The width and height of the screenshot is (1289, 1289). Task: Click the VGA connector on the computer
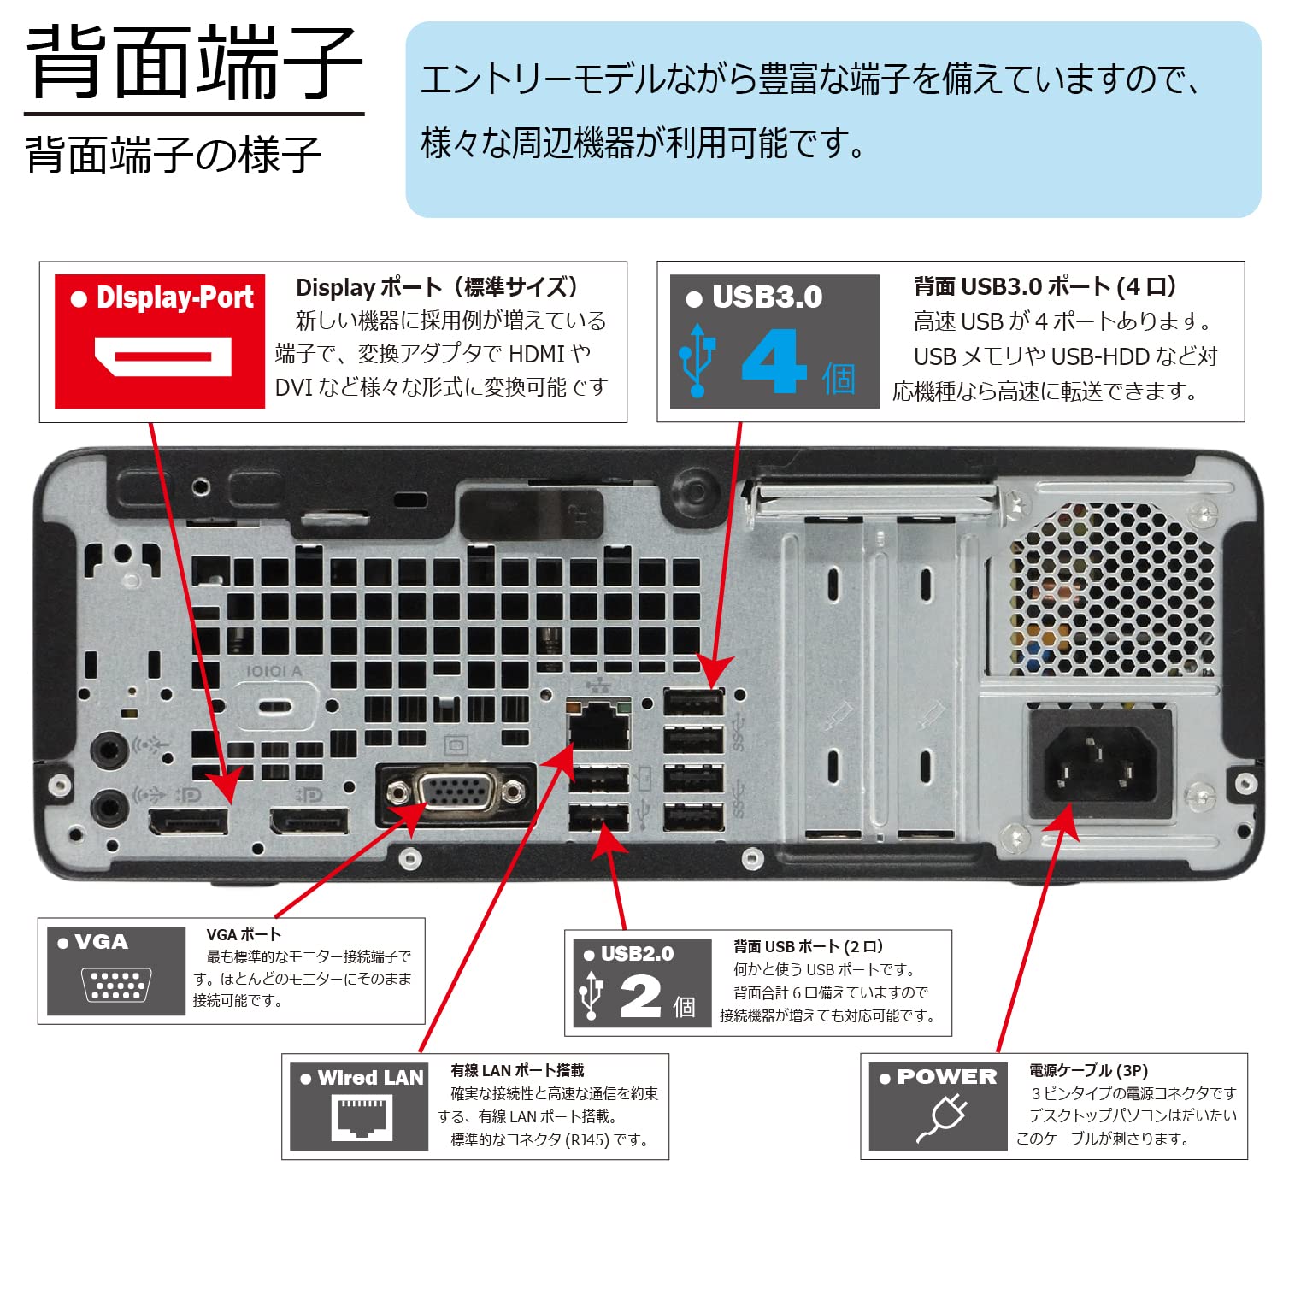tap(456, 792)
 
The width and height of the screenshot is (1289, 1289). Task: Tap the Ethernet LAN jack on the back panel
tap(599, 727)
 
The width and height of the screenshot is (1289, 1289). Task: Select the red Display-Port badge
tap(160, 341)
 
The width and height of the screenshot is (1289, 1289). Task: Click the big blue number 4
tap(774, 362)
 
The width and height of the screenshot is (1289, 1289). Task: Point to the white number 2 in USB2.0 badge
tap(641, 997)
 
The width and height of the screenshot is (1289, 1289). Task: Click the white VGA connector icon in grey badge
tap(116, 985)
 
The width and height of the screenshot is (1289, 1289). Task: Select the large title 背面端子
tap(195, 63)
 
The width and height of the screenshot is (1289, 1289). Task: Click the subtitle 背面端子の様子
tap(174, 156)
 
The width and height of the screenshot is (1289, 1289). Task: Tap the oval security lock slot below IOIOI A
tap(274, 708)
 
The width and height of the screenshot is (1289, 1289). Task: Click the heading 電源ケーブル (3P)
tap(1088, 1070)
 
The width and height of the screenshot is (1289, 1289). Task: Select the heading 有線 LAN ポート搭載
tap(517, 1070)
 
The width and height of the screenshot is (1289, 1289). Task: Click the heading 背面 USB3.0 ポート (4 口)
tap(1045, 286)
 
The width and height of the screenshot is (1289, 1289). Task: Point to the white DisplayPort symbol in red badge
tap(162, 356)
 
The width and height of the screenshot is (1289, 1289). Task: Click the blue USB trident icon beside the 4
tap(697, 361)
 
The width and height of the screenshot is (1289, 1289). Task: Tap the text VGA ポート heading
tap(244, 934)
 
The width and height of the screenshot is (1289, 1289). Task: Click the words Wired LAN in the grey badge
tap(370, 1078)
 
